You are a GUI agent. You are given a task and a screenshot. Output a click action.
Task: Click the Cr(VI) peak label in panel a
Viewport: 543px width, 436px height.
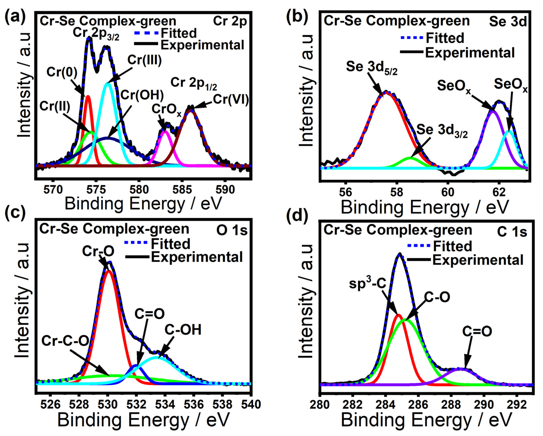[x=231, y=100]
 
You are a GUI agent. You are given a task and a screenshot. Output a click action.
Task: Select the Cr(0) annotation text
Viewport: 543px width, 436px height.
[x=62, y=72]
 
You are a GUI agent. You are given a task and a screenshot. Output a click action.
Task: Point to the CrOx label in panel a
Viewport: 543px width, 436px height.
[x=166, y=110]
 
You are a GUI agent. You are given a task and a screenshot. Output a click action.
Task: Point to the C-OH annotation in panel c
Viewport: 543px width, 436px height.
[x=183, y=330]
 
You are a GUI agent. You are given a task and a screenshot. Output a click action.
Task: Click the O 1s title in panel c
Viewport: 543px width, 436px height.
[x=232, y=230]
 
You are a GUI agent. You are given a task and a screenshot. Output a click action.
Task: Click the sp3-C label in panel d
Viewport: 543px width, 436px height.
[x=368, y=283]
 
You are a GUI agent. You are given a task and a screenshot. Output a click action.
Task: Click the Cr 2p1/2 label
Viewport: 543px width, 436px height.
[x=193, y=83]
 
